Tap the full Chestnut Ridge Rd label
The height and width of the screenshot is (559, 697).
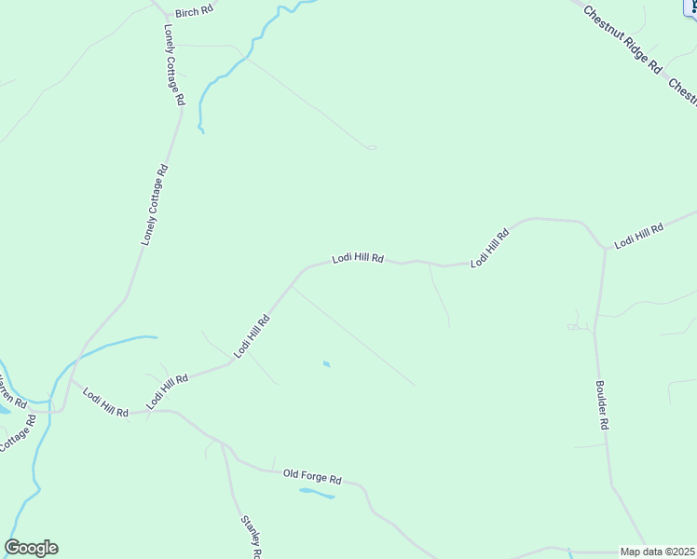[x=622, y=41]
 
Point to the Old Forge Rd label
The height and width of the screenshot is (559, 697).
[x=312, y=476]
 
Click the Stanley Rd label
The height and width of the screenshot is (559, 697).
[x=251, y=538]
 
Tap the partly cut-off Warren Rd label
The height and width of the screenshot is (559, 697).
[x=9, y=390]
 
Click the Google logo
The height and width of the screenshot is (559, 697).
[x=31, y=548]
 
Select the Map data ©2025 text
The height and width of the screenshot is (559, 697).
[x=658, y=552]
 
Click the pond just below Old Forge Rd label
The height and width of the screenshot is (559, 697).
[x=316, y=493]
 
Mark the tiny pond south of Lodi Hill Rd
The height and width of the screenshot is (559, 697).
[x=325, y=363]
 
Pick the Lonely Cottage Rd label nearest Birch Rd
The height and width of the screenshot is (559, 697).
[x=174, y=64]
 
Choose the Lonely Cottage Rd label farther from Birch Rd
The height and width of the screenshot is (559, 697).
[x=155, y=205]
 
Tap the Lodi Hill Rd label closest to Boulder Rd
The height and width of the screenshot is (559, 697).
[x=638, y=235]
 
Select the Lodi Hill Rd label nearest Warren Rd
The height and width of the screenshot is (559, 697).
[x=105, y=405]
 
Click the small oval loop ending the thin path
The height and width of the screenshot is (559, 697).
[x=372, y=147]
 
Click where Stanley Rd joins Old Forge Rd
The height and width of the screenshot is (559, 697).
[x=221, y=441]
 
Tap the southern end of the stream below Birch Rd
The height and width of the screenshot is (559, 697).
[x=200, y=131]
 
